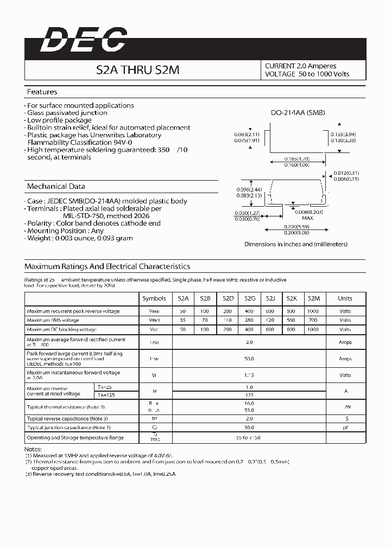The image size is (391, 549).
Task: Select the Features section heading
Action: click(42, 92)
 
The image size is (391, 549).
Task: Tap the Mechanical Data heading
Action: click(56, 186)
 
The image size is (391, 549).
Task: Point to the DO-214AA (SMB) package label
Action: click(298, 113)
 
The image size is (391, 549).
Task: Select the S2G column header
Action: click(249, 298)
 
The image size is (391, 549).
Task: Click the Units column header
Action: click(345, 298)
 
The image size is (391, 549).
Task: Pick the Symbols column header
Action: click(154, 298)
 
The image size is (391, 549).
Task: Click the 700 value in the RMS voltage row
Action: click(313, 321)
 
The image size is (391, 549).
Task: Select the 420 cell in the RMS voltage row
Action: click(270, 321)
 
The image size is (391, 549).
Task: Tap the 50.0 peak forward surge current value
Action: click(249, 359)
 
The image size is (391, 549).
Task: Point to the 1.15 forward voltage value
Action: click(249, 375)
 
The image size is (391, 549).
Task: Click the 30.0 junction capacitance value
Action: click(249, 427)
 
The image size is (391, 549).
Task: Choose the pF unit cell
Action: click(345, 427)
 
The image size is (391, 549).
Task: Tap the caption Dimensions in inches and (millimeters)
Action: click(296, 244)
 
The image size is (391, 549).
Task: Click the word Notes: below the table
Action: click(33, 450)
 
